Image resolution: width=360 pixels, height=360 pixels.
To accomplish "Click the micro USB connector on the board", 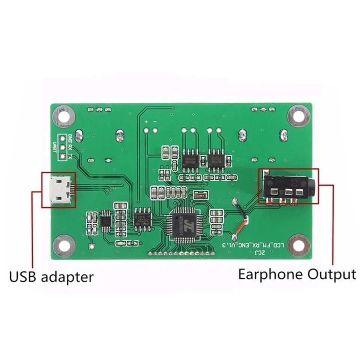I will pyautogui.click(x=59, y=189).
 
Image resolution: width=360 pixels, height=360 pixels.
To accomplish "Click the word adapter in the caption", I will pyautogui.click(x=67, y=277).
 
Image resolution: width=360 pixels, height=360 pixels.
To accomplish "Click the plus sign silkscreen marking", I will pyautogui.click(x=146, y=122).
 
